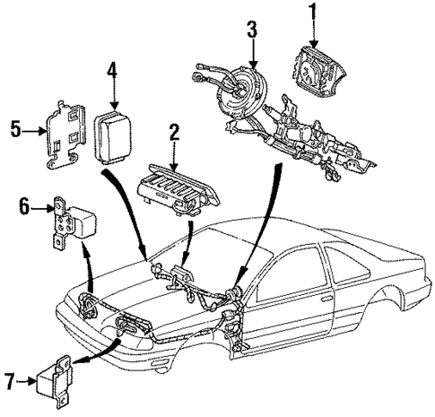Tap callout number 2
coord(174,134)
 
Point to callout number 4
coord(112,69)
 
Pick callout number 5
coord(16,129)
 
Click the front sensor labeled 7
coord(57,380)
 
